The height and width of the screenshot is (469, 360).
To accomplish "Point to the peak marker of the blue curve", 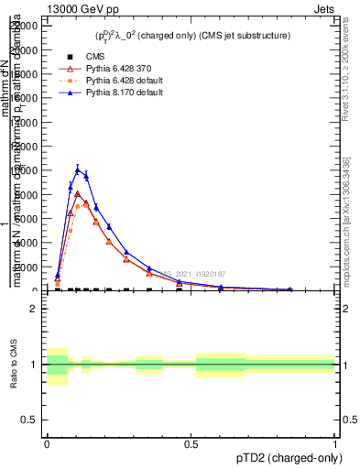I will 78,169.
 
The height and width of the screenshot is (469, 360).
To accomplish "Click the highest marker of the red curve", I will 78,193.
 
